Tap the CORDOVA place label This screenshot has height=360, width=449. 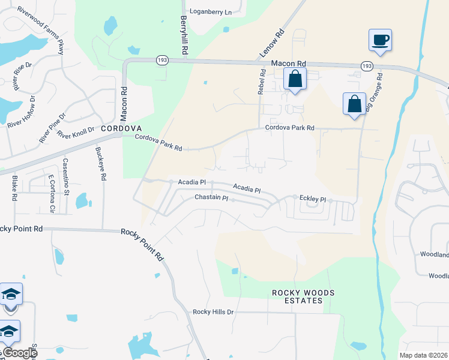pos(121,128)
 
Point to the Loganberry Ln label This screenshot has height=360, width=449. pos(210,11)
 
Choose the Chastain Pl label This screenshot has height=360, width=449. pos(211,197)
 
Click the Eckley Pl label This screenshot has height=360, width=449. pos(313,199)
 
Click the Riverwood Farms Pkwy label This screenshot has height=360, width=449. pos(41,29)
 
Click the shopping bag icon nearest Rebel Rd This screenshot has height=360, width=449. pos(295,79)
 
